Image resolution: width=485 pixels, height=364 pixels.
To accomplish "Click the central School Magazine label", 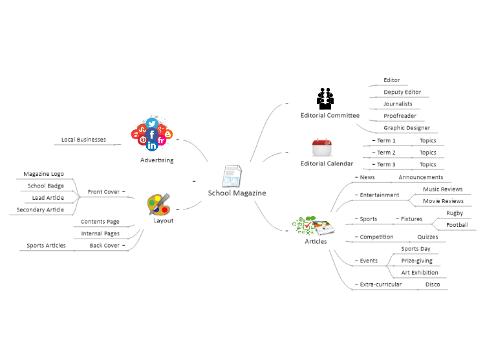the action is pos(237,193).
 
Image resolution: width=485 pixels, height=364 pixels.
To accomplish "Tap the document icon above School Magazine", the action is pos(232,176).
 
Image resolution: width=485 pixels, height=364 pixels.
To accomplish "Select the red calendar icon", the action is pos(321,147).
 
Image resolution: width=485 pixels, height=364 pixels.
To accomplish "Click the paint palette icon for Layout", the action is pos(158,204).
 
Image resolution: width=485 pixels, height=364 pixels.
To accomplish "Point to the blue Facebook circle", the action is pos(152,135).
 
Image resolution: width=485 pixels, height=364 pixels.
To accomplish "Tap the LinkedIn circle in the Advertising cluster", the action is pos(152,145).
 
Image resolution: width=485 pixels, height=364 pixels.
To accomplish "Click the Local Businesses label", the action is pos(83,140).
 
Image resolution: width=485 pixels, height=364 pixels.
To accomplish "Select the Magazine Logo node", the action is pos(43,174).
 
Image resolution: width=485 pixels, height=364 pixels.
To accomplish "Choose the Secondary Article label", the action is pos(40,209).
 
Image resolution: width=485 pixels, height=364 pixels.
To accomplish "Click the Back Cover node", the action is pos(105,246).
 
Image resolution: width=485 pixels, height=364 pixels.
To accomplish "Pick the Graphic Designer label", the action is pos(407,128).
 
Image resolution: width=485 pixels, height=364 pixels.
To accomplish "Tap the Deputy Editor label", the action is pos(402,92).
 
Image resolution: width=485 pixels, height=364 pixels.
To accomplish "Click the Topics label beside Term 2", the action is pos(428,153).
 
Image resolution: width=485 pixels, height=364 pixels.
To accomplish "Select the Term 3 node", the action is pos(386,164).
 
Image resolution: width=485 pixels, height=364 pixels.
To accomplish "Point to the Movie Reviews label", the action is pos(443,201).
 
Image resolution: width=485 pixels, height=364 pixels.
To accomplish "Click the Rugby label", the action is pos(455,213).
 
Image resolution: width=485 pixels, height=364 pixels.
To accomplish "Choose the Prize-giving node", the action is pos(417,261).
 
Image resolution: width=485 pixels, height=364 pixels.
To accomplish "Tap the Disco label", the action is pos(433,284).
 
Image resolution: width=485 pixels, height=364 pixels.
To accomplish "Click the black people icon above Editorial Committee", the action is pos(325,99).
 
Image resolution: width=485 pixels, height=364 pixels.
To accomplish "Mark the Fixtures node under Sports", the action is pos(411,219).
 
